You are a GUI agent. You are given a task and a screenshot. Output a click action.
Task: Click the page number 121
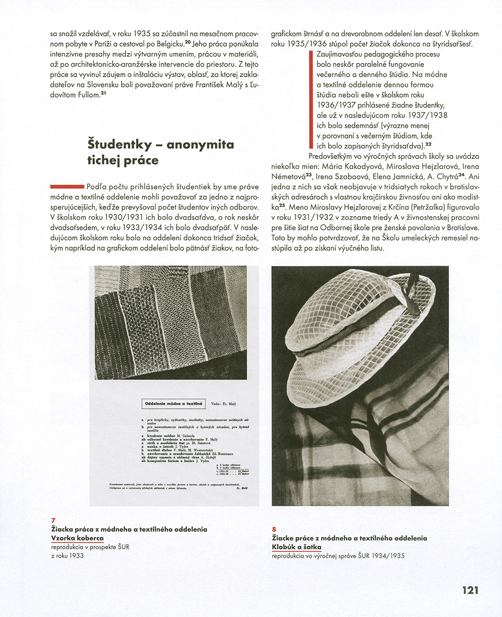pos(470,590)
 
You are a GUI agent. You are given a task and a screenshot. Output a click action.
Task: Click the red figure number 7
pos(53,520)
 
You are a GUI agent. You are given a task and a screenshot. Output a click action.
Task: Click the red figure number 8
pos(274,529)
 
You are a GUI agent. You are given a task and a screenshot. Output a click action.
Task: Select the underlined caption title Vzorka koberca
pos(77,538)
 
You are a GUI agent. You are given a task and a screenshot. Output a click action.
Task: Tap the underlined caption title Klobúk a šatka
pos(297,547)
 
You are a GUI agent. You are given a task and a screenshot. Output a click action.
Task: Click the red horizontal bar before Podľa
pos(68,186)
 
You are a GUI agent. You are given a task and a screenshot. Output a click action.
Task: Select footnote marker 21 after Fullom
pos(104,93)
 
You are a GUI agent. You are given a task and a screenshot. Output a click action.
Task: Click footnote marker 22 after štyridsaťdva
pos(428,144)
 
